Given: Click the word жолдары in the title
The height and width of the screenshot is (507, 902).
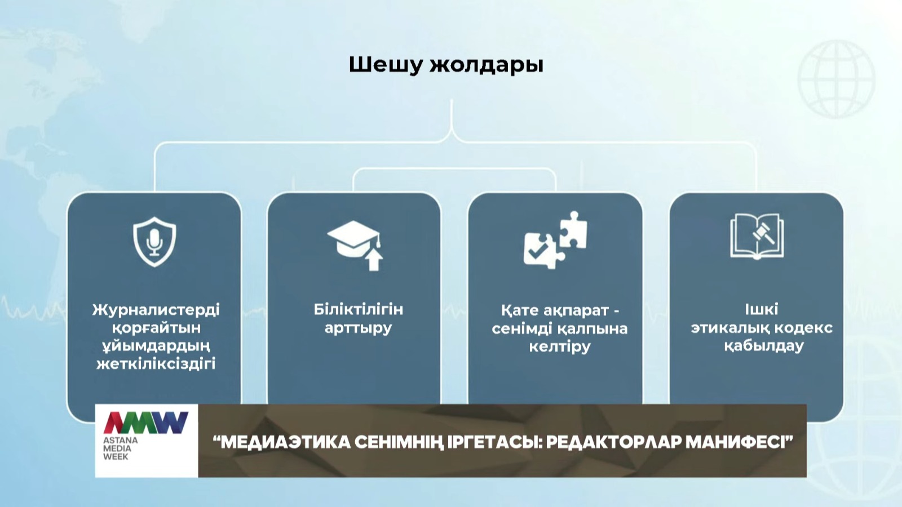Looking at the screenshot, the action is (x=487, y=65).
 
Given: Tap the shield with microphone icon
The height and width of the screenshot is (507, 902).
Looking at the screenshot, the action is (x=154, y=242).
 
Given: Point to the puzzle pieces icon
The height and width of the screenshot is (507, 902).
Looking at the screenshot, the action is (x=555, y=240).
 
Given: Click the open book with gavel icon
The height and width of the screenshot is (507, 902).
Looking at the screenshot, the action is (x=757, y=236).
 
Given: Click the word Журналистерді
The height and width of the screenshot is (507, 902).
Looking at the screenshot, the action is (x=156, y=310).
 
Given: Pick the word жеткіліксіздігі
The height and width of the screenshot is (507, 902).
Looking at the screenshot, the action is (x=156, y=364).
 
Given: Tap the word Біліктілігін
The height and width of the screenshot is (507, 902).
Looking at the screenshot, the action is (x=359, y=309).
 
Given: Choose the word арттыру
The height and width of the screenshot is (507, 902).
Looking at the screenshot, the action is (x=359, y=328).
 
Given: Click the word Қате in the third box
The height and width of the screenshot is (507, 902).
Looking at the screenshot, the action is (x=519, y=310).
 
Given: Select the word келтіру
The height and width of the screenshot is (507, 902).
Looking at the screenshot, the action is (x=560, y=346).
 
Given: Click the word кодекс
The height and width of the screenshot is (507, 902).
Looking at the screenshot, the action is (x=803, y=328).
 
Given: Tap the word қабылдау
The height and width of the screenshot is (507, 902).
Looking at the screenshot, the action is (x=764, y=346).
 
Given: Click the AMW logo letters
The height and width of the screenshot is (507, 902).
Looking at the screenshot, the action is (x=146, y=422).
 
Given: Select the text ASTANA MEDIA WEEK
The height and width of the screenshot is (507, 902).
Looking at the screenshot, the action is (x=121, y=448).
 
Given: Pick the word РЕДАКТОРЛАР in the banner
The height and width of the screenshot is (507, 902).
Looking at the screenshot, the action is (x=614, y=442).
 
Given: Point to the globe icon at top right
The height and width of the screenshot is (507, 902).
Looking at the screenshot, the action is (x=836, y=79).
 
